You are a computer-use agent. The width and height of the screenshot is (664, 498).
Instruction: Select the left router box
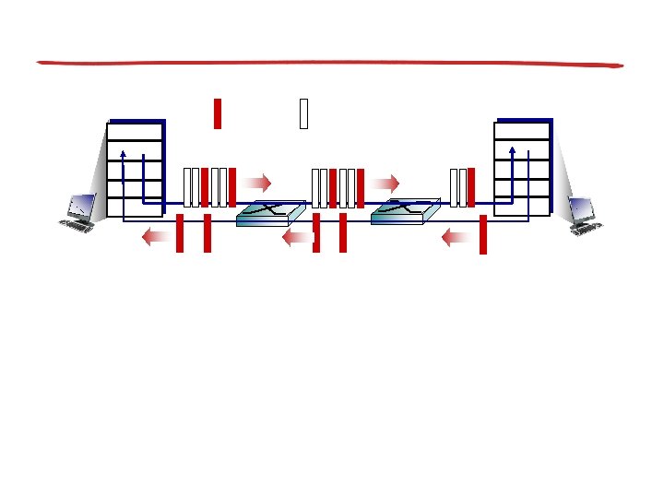270,213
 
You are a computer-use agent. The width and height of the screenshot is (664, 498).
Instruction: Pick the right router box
404,212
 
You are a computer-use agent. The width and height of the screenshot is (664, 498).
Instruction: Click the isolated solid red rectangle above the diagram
218,113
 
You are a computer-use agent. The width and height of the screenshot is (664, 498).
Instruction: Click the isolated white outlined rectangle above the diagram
302,113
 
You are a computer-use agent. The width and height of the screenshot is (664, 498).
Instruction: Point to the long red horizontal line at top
330,64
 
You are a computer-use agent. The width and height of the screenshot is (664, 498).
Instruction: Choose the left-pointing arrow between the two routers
297,238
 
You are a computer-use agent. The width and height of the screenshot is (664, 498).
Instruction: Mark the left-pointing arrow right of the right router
456,238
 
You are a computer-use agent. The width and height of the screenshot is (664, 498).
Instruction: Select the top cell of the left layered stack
135,130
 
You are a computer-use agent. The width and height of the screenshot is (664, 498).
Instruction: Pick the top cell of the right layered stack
522,130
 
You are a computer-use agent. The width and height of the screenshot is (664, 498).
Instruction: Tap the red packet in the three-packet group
471,187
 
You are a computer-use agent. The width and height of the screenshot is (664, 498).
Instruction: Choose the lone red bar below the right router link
482,234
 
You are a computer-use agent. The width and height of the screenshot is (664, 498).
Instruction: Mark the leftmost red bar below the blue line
180,232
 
